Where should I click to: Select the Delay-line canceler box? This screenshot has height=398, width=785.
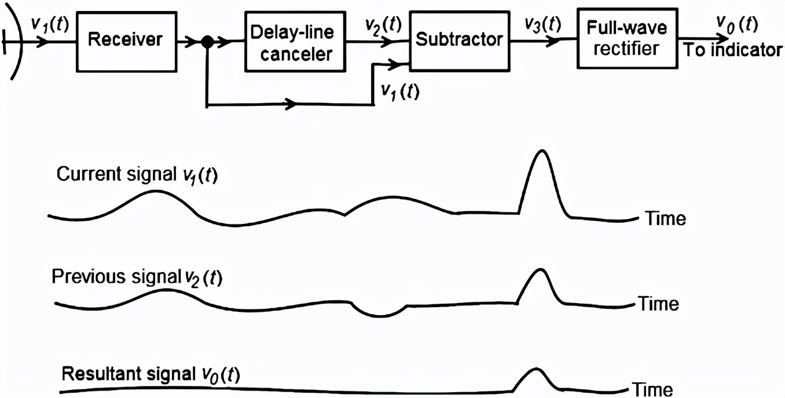[x=292, y=42]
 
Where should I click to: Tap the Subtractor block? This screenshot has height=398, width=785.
[x=460, y=40]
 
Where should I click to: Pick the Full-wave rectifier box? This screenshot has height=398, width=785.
[x=626, y=38]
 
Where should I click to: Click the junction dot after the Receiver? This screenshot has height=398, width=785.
[x=206, y=42]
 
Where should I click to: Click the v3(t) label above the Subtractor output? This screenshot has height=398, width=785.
[x=542, y=24]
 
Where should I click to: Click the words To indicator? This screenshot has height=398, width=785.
[x=733, y=50]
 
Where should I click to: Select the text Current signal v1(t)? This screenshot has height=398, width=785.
[x=137, y=175]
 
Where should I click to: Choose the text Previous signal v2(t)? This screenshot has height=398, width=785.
[x=137, y=278]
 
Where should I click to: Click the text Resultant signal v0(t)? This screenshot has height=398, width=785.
[x=151, y=374]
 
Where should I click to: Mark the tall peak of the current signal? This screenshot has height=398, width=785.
[x=542, y=152]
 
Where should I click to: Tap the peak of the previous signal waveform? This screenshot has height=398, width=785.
[x=541, y=270]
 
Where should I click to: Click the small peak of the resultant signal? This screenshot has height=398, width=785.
[x=536, y=368]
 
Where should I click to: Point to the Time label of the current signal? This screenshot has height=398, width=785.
[x=665, y=219]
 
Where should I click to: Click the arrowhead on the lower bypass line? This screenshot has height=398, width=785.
[x=292, y=105]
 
